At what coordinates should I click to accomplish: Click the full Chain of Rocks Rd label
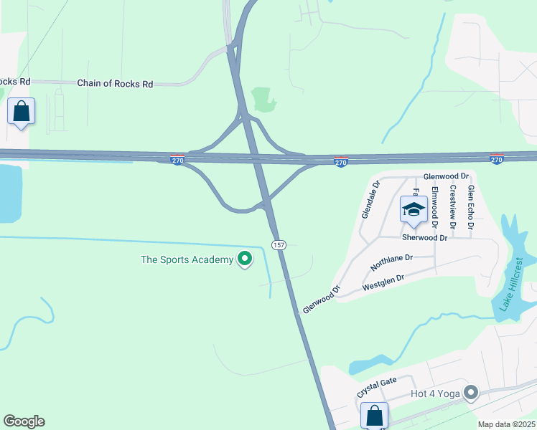tap(115, 84)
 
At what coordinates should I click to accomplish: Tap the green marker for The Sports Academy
tap(245, 259)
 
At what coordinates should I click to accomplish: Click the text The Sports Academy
tap(187, 259)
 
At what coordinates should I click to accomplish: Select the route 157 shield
tap(279, 245)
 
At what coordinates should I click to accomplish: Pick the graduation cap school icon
tap(414, 209)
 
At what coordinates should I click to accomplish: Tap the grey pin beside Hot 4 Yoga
tap(471, 392)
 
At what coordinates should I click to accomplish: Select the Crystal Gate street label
tap(377, 388)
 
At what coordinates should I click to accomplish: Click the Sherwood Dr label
tap(425, 238)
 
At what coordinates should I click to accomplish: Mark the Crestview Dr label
tap(452, 208)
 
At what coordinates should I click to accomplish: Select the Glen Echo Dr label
tap(471, 208)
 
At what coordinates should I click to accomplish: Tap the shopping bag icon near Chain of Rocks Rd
tap(22, 112)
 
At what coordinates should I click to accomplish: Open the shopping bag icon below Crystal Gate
tap(374, 415)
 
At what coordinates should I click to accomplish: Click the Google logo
tap(24, 421)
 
